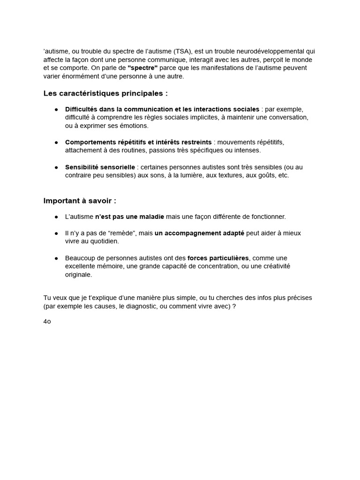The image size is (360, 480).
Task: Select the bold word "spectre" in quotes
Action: [x=142, y=68]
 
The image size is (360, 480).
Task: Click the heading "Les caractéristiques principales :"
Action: [x=105, y=93]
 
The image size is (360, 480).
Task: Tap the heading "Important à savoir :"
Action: [x=80, y=201]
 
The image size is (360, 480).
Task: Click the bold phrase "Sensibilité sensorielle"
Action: [x=100, y=167]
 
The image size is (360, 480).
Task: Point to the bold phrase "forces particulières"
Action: [x=218, y=258]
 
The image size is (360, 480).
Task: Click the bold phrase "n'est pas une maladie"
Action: [x=129, y=217]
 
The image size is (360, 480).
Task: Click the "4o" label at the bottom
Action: [x=47, y=322]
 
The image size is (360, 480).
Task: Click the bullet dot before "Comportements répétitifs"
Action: [x=56, y=142]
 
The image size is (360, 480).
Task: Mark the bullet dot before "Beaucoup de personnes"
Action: [x=56, y=258]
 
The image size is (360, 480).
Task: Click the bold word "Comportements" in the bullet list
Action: [x=91, y=142]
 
